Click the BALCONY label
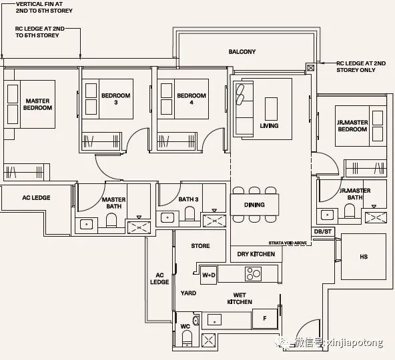[x=242, y=51]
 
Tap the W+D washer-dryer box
[x=209, y=275]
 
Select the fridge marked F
[x=264, y=319]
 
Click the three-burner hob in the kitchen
[x=253, y=273]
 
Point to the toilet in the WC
[x=187, y=338]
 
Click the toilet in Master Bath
[x=111, y=221]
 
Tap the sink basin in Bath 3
[x=167, y=217]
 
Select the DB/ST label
[x=323, y=231]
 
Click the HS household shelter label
[x=364, y=257]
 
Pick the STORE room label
[x=200, y=246]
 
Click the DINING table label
[x=254, y=205]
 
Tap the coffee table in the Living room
[x=271, y=109]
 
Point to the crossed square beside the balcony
[x=310, y=68]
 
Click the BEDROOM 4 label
[x=191, y=99]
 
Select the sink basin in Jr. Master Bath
[x=327, y=215]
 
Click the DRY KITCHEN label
[x=256, y=254]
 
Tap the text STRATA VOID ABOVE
[x=288, y=243]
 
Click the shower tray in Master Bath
[x=139, y=227]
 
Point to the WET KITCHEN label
[x=240, y=298]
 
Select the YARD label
[x=188, y=293]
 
